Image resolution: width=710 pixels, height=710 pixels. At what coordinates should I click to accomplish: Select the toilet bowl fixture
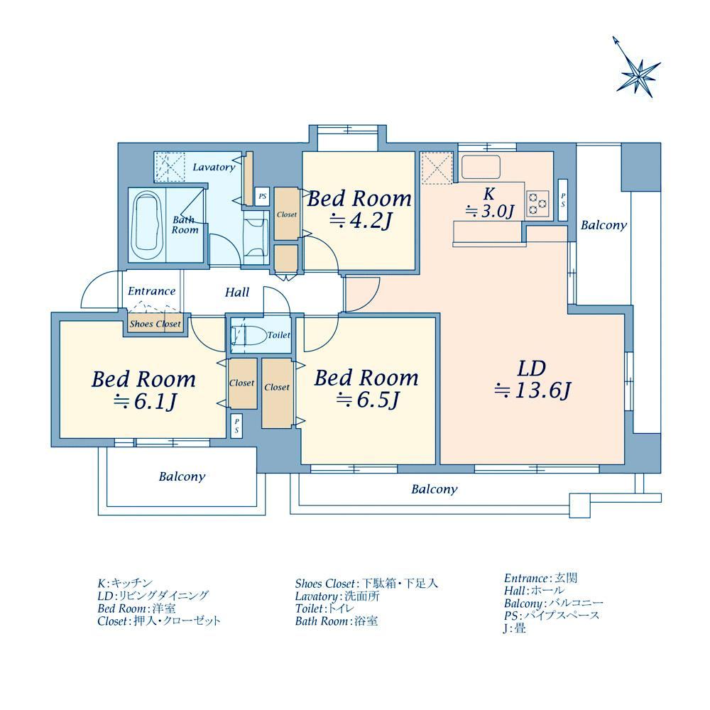[248, 335]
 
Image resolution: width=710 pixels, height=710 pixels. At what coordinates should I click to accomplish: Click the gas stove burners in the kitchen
[538, 203]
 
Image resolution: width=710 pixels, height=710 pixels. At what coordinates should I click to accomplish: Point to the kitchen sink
[481, 167]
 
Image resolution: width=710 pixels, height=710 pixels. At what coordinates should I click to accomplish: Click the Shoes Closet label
[155, 324]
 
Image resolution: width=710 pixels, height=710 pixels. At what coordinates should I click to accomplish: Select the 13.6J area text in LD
[532, 390]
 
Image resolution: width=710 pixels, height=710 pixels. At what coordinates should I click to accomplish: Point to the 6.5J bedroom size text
[367, 400]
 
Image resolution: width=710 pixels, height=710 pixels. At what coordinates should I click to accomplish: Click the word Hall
[237, 293]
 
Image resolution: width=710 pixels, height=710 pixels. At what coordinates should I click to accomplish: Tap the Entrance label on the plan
[151, 291]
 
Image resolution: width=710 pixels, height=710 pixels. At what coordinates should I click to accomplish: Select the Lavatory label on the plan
[214, 167]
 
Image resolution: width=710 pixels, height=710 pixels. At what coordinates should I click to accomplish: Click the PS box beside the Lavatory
[262, 197]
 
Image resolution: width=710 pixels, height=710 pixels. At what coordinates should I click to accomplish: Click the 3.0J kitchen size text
[491, 212]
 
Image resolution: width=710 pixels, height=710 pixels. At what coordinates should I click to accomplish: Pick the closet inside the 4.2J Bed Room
[286, 214]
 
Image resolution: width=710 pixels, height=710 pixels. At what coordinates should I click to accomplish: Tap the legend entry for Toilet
[324, 608]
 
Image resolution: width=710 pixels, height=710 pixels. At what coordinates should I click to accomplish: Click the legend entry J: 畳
[515, 628]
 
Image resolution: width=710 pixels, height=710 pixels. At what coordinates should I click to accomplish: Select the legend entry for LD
[153, 596]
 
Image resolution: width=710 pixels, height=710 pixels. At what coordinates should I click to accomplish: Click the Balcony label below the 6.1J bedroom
[182, 477]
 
